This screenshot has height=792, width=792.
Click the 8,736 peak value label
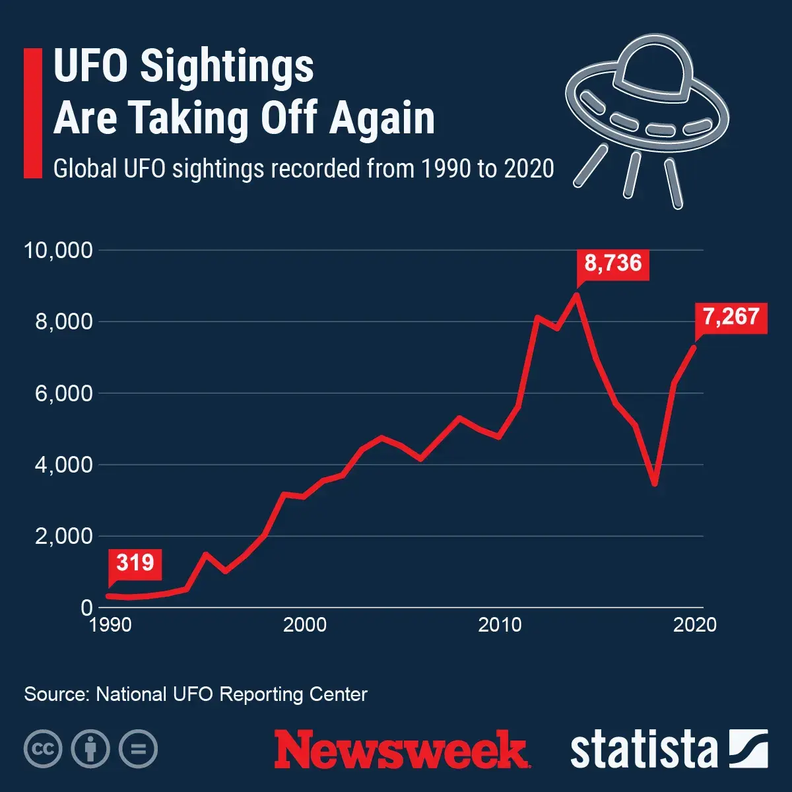pyautogui.click(x=613, y=263)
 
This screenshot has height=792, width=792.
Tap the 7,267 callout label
pyautogui.click(x=731, y=317)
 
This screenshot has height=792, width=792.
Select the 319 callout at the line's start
pyautogui.click(x=135, y=563)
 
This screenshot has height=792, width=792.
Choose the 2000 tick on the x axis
pyautogui.click(x=304, y=624)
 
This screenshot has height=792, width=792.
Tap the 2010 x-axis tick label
pyautogui.click(x=500, y=624)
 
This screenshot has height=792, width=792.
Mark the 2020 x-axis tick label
pyautogui.click(x=694, y=624)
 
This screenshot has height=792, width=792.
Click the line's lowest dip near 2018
pyautogui.click(x=654, y=484)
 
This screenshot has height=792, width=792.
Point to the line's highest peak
pyautogui.click(x=577, y=294)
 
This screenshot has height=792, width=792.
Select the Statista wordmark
pyautogui.click(x=643, y=750)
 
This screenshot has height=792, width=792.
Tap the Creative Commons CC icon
pyautogui.click(x=43, y=749)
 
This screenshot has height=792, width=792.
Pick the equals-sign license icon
pyautogui.click(x=138, y=749)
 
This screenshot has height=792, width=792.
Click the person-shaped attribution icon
pyautogui.click(x=90, y=749)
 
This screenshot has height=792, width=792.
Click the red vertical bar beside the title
pyautogui.click(x=32, y=113)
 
